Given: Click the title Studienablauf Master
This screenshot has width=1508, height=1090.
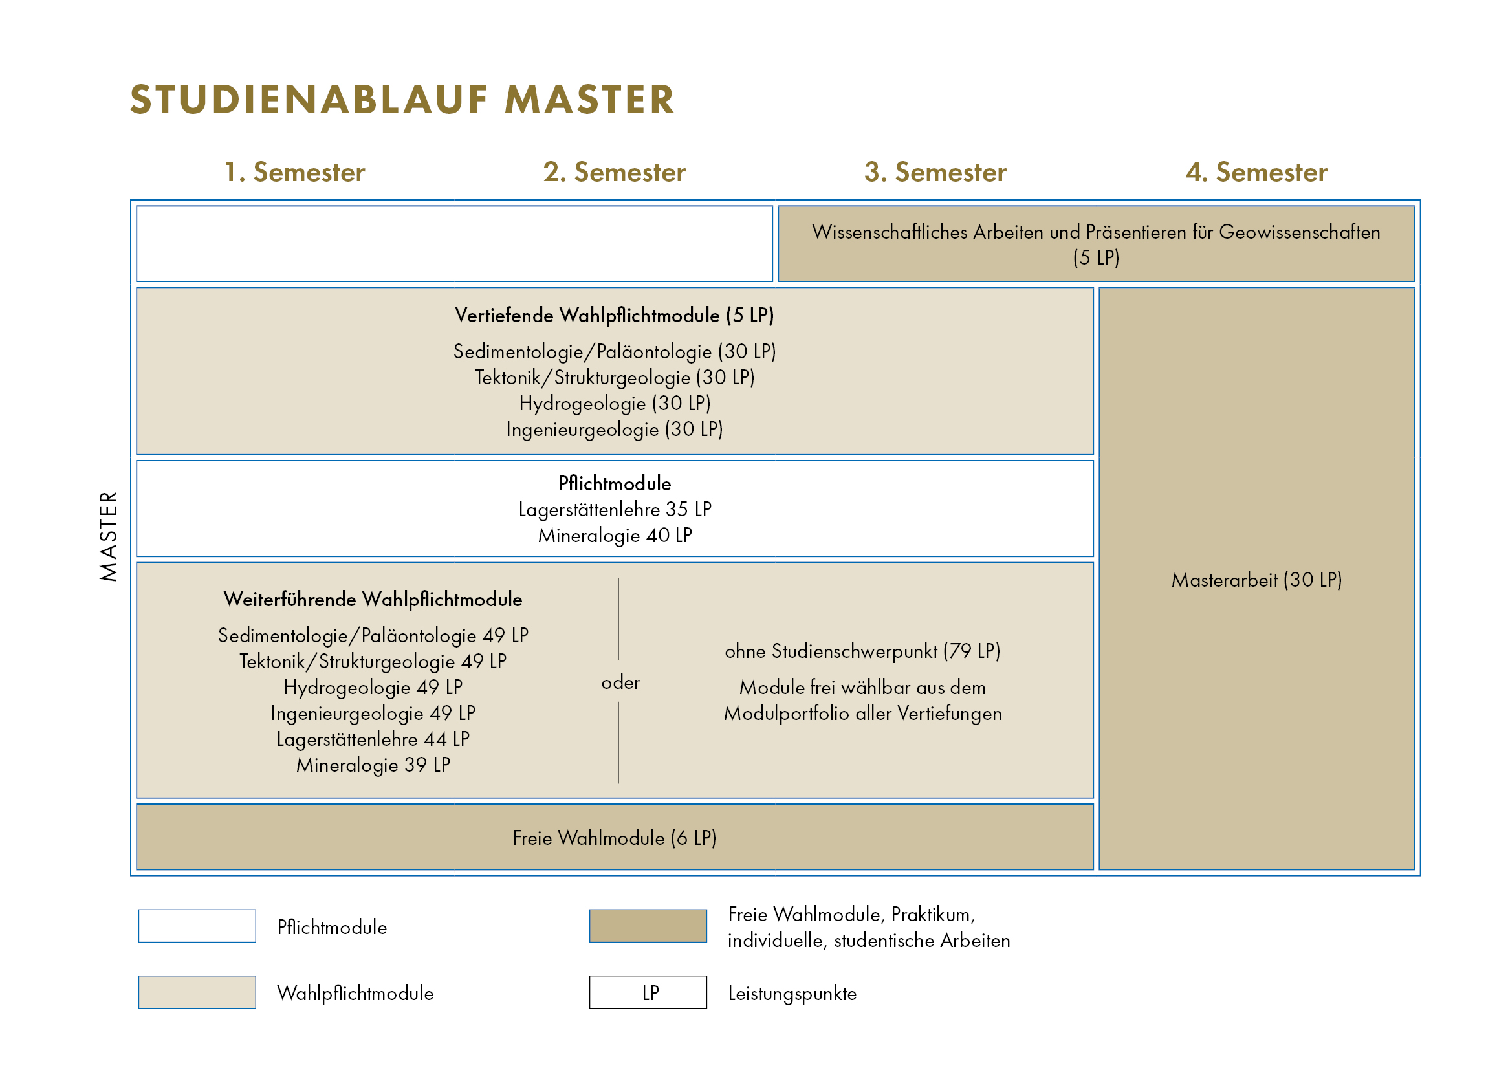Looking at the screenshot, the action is tap(402, 100).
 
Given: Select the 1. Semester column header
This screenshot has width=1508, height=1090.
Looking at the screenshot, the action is tap(294, 172).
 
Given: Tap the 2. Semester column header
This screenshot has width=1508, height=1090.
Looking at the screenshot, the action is tap(615, 172).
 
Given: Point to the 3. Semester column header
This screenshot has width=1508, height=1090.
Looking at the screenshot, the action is tap(935, 172).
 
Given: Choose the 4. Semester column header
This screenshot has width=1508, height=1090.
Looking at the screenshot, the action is tap(1256, 172).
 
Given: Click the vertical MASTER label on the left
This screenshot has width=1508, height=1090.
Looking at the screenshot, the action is tap(109, 537).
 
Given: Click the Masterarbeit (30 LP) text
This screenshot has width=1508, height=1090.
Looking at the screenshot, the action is tap(1256, 580).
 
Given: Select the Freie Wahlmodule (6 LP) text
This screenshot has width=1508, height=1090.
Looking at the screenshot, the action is tap(615, 838).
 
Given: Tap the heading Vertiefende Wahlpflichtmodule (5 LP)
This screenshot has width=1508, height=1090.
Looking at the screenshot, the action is tap(615, 315).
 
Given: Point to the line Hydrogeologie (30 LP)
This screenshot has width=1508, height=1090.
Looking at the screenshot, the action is tap(615, 404).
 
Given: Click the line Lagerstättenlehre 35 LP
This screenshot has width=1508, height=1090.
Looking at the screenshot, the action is tap(615, 509).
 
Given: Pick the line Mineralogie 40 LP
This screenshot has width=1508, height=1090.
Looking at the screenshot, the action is tap(615, 536).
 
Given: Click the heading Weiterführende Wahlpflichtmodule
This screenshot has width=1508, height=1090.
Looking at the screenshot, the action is tap(373, 600).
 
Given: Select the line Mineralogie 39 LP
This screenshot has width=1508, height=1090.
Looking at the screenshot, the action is tap(373, 765).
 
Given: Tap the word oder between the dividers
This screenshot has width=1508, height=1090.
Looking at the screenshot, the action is tap(620, 683).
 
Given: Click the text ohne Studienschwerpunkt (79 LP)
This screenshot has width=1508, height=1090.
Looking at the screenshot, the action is tap(862, 651).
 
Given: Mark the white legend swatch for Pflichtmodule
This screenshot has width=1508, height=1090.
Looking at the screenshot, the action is tap(197, 926).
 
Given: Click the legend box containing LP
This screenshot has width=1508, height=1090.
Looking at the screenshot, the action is tap(648, 993).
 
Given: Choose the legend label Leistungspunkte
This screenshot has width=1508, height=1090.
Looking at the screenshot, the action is tap(792, 994).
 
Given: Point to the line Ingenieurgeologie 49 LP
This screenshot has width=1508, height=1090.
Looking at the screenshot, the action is tap(373, 714).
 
